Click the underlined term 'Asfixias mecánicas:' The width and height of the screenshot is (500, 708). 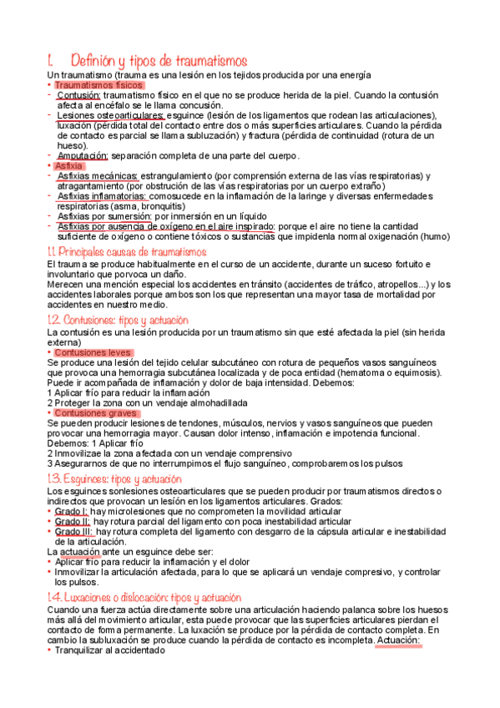tap(98, 176)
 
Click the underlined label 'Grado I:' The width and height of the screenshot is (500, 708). tap(72, 511)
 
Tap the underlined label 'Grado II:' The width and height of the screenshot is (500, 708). tap(73, 521)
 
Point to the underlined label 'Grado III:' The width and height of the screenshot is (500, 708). tap(74, 531)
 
